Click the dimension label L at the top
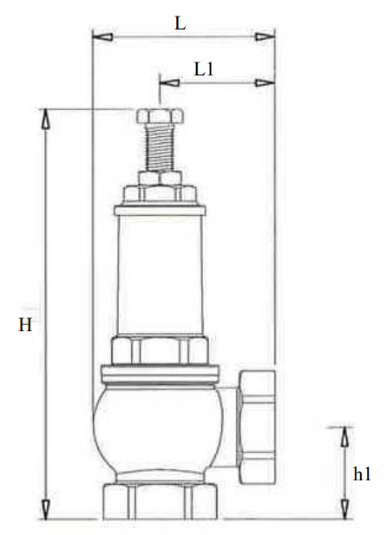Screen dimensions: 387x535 point(180,23)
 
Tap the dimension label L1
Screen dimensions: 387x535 point(204,69)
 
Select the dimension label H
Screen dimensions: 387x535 point(25,324)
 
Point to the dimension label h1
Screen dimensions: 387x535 point(362,474)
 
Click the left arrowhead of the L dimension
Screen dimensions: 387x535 point(102,36)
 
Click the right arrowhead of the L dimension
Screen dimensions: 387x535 point(265,36)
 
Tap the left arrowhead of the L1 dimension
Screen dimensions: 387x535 point(170,82)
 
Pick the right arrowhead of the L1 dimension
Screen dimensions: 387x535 point(265,82)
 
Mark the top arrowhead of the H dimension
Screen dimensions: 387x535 point(45,119)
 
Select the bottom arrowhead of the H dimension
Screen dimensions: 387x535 point(45,509)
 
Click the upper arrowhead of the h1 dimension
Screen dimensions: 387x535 point(345,437)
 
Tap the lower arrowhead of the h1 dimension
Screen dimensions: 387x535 point(345,509)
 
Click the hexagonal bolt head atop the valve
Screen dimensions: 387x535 point(160,116)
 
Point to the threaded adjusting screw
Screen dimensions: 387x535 point(160,147)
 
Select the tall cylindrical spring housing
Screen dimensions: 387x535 point(160,275)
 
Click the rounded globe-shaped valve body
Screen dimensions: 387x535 point(158,431)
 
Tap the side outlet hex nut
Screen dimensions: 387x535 point(257,427)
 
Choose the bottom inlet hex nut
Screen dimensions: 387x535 point(160,501)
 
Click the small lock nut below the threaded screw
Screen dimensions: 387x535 point(160,178)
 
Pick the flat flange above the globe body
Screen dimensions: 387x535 point(160,374)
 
